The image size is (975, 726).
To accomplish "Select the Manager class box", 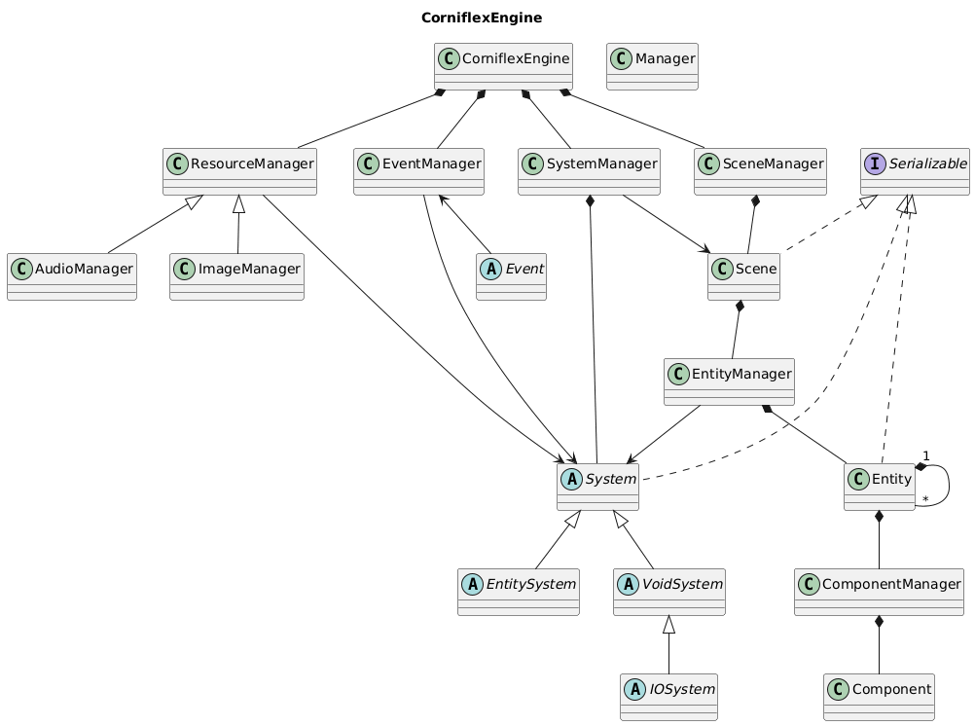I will [652, 66].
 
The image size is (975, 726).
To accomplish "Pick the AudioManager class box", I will [72, 276].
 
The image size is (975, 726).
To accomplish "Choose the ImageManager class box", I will [236, 276].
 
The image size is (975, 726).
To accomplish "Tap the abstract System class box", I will [597, 487].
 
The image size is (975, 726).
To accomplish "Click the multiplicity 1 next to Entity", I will [925, 455].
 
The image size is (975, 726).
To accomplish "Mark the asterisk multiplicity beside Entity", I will [925, 499].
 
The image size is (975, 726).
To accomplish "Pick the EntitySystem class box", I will [518, 592].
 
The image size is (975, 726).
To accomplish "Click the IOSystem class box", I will [669, 697].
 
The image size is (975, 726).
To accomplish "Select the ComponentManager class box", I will [880, 592].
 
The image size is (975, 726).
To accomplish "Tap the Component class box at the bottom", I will [879, 697].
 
